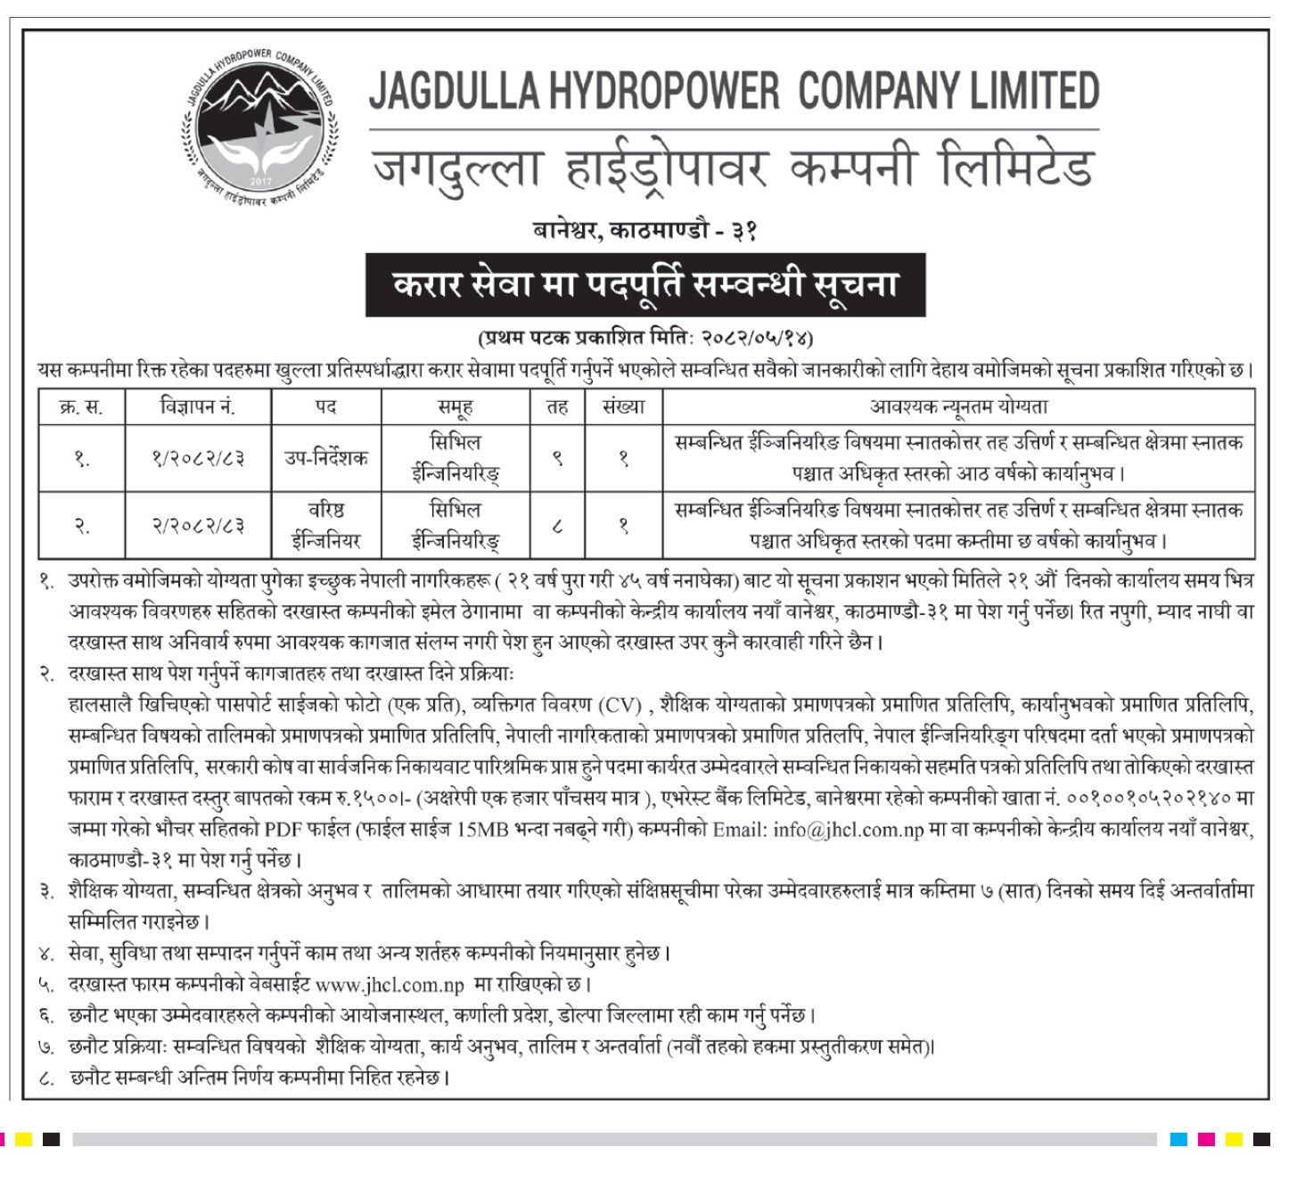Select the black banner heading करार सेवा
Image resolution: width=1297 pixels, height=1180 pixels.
[644, 284]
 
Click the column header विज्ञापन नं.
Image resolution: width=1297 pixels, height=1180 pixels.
[198, 407]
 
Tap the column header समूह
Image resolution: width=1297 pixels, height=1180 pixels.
[455, 407]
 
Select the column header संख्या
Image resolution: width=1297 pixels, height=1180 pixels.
[623, 407]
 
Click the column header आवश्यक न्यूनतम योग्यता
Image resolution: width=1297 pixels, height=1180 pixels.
[958, 407]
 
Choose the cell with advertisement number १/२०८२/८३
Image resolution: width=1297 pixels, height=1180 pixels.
[198, 458]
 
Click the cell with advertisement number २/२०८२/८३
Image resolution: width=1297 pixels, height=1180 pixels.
[198, 526]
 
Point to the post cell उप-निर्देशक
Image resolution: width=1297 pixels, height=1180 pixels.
[327, 458]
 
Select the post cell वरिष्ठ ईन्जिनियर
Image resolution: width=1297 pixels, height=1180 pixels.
[327, 526]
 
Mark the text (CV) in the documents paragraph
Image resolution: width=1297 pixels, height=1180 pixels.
[620, 706]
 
